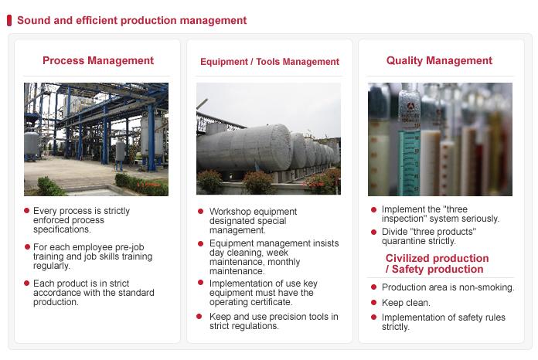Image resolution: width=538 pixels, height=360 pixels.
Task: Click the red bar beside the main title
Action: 9,20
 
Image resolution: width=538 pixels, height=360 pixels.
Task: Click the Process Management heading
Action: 98,61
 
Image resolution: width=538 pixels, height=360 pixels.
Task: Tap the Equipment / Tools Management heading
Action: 270,62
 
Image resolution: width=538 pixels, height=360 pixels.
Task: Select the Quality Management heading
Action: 439,61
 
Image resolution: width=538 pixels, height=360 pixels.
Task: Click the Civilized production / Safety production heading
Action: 437,263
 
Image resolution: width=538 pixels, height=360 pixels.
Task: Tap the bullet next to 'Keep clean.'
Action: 373,302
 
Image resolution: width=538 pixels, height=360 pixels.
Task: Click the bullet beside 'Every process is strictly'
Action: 26,210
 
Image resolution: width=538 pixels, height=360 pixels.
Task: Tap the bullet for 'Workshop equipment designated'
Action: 201,211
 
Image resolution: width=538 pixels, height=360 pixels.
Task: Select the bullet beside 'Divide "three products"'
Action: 373,232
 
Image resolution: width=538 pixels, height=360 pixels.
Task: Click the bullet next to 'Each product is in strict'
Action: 26,284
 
